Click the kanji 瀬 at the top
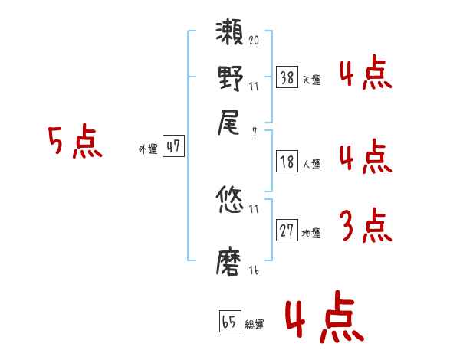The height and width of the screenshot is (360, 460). [230, 34]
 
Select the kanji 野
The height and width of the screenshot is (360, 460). [230, 78]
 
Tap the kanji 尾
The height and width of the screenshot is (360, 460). [230, 123]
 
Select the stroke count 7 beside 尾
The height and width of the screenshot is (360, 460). [254, 130]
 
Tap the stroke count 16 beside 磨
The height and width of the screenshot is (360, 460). [254, 270]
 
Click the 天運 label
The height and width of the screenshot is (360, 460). [311, 79]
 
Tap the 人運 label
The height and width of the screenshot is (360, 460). [311, 164]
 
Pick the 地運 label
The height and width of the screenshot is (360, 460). [311, 234]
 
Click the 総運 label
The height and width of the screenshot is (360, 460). [255, 324]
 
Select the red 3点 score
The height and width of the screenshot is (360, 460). [365, 226]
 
